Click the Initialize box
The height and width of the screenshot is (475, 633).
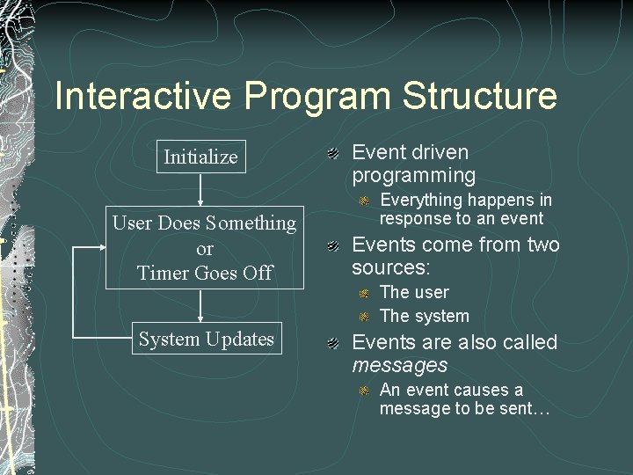(x=200, y=157)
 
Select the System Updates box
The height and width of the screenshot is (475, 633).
(x=206, y=339)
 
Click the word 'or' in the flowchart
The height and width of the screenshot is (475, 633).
(x=205, y=248)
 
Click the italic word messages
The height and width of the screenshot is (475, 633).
(x=399, y=365)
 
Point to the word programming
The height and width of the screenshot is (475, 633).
(x=413, y=176)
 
